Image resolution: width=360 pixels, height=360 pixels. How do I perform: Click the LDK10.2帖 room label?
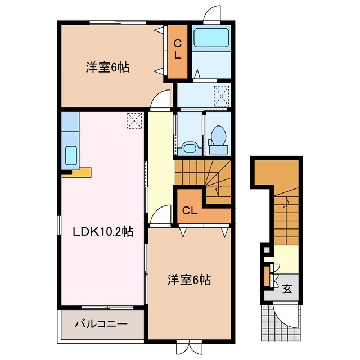click(x=102, y=231)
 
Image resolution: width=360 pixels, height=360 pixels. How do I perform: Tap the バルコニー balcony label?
click(x=101, y=324)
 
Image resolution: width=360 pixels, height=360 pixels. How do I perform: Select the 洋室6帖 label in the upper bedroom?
click(x=107, y=67)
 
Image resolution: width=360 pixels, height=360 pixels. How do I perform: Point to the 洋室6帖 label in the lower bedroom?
click(x=188, y=279)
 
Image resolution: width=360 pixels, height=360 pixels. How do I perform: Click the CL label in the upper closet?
click(x=177, y=50)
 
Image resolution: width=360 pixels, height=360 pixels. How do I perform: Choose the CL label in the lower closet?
click(x=190, y=211)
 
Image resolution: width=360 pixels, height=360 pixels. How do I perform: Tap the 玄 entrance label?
click(x=287, y=289)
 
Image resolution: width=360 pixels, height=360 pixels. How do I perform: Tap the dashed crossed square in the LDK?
click(x=134, y=120)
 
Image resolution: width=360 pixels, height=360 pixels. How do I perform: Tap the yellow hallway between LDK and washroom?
click(x=160, y=163)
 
